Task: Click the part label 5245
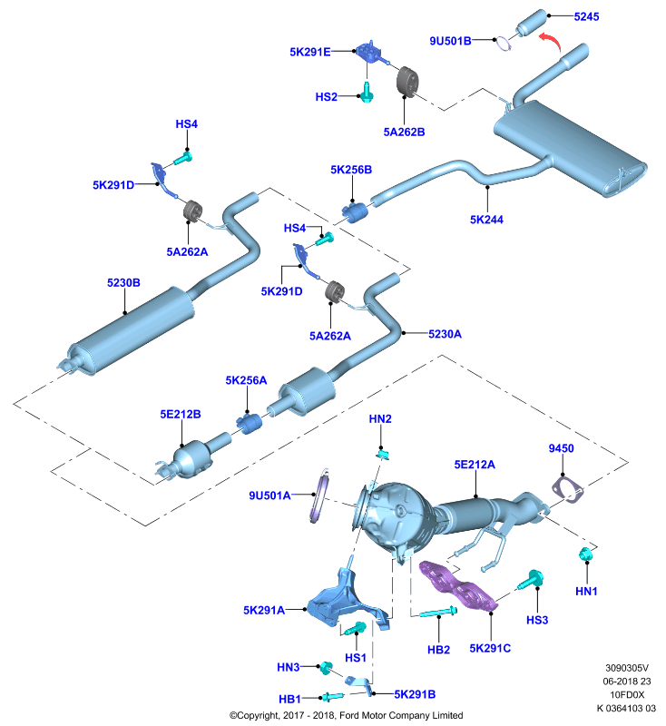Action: pos(586,16)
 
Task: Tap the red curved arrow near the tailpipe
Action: pos(553,40)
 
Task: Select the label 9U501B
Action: pos(450,41)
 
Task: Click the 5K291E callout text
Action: pos(310,52)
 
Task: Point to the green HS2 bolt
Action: pos(367,93)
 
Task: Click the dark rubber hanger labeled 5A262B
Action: pos(407,82)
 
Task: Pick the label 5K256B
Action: pos(351,170)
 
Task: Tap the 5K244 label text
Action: pos(486,220)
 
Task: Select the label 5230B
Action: pos(123,282)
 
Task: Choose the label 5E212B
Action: pos(181,414)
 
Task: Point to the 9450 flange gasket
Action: pos(567,490)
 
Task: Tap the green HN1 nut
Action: pos(586,554)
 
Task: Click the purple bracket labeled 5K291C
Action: pos(458,586)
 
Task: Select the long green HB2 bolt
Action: pos(438,612)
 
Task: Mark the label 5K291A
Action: pos(264,610)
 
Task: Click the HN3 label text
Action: pos(288,667)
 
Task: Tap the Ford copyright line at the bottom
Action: pos(347,715)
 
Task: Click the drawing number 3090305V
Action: pos(627,668)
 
